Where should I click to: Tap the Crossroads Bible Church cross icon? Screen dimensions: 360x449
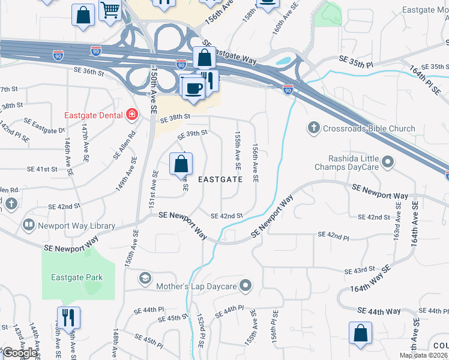[313, 128]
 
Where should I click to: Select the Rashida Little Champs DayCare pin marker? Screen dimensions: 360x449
[388, 161]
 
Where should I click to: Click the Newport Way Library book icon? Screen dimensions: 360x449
[28, 226]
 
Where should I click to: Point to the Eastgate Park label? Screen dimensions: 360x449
[77, 277]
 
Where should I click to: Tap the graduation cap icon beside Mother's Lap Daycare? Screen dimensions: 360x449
[145, 278]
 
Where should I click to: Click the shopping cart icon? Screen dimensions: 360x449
[110, 10]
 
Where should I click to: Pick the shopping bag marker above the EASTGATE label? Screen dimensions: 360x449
[181, 164]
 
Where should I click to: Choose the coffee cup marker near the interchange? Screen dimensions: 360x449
[193, 88]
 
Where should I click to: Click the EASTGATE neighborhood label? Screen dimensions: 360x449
[220, 179]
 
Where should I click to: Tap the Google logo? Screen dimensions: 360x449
[20, 353]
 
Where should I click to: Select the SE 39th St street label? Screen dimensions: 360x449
[192, 134]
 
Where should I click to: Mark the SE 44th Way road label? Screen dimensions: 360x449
[379, 311]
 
